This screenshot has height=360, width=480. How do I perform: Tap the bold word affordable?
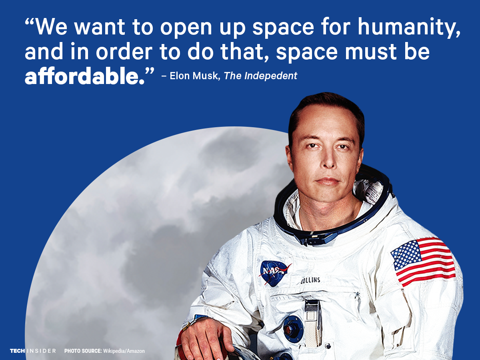click(85, 76)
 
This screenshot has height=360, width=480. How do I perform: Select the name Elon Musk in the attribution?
click(194, 76)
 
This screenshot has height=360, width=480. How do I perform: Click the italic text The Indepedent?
click(260, 76)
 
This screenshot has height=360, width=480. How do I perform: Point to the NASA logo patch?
click(274, 273)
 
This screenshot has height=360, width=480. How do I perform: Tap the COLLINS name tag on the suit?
click(310, 280)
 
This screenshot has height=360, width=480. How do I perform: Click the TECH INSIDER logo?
click(33, 351)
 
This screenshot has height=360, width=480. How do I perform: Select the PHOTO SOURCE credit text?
click(104, 351)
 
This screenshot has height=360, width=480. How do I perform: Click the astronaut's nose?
click(328, 161)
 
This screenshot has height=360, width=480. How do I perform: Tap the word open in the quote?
click(186, 28)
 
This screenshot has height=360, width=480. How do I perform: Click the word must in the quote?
click(371, 52)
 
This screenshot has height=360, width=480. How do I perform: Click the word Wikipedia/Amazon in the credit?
click(124, 351)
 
